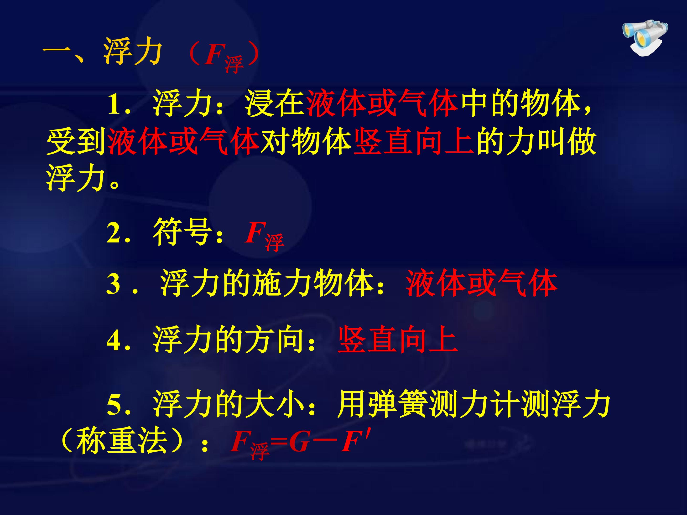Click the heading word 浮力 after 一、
[133, 51]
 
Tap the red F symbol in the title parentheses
[214, 54]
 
